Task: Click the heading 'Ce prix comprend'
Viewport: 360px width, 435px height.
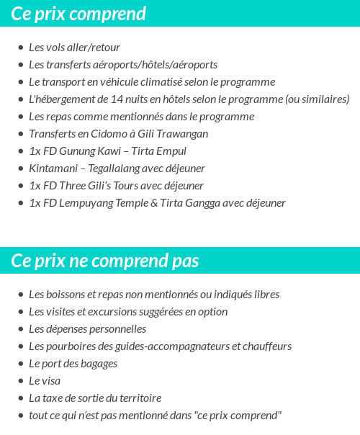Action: [78, 14]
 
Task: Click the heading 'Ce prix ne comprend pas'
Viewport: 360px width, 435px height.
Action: [105, 261]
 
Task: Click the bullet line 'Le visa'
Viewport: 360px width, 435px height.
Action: [45, 381]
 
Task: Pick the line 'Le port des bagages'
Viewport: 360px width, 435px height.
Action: [73, 364]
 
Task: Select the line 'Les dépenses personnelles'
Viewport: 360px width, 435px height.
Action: [87, 329]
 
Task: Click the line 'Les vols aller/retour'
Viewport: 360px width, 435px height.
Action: [74, 48]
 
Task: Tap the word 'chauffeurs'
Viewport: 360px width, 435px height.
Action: [266, 346]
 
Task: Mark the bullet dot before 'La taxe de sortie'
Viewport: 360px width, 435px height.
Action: [21, 398]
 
